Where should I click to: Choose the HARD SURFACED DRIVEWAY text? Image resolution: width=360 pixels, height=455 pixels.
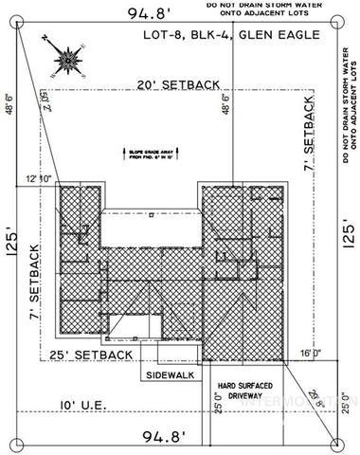246,391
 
